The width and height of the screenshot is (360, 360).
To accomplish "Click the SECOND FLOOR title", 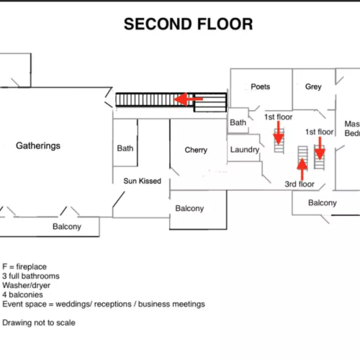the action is (x=189, y=24).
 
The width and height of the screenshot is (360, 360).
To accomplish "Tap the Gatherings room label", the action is (x=38, y=146).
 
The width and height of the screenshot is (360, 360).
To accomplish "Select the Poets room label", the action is (x=261, y=86).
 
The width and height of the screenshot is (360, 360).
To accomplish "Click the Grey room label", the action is (x=313, y=86).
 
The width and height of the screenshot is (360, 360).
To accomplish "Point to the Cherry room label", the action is (x=196, y=150).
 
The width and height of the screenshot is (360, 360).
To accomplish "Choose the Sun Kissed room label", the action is (x=142, y=181).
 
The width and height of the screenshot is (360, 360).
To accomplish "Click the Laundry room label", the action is (x=245, y=150).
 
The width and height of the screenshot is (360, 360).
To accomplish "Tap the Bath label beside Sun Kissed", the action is (x=125, y=148).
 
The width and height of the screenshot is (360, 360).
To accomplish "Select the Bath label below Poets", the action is (x=238, y=122).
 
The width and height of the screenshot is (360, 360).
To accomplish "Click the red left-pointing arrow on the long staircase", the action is (x=189, y=99).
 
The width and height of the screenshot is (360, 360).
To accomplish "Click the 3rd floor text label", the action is (x=300, y=184).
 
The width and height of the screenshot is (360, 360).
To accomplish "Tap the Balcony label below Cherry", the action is (x=189, y=208).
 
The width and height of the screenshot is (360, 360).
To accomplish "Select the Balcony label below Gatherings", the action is (x=67, y=227).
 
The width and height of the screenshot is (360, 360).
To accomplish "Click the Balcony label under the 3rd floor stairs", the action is (x=323, y=203).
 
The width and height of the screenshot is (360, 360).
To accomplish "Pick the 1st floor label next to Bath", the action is (x=278, y=117).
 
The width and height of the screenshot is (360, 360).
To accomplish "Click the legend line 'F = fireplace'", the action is (x=24, y=266).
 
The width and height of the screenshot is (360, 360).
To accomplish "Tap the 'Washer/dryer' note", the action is (x=26, y=285).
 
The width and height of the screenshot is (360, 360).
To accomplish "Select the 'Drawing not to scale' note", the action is (x=39, y=323).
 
